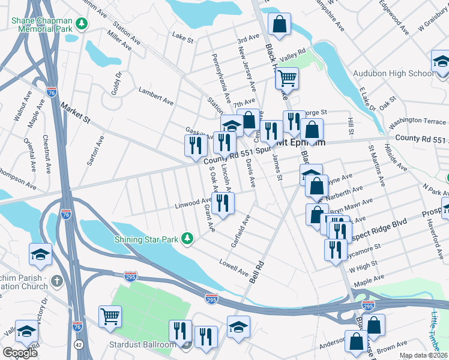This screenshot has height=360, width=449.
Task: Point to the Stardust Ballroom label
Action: click(142, 344)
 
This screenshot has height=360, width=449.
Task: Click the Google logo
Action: click(20, 352)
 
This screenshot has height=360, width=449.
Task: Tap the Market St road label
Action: click(75, 112)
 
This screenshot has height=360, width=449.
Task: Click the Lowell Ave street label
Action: click(234, 268)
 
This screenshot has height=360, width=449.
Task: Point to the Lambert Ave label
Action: click(152, 94)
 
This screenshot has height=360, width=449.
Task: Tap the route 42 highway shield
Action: click(80, 344)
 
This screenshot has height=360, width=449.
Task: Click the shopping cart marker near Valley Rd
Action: click(287, 77)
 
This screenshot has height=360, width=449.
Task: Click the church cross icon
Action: click(56, 280)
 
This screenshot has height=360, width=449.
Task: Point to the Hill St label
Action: click(351, 127)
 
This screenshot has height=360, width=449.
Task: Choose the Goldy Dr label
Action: click(116, 82)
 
